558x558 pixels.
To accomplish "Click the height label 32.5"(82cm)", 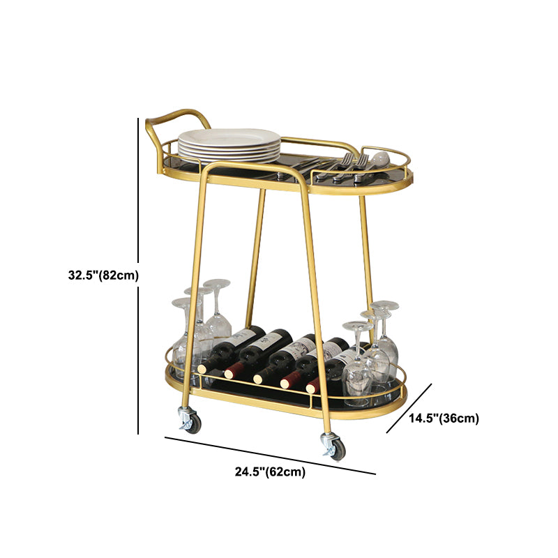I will click(103, 275).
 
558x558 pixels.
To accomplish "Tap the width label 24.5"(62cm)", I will click(269, 472).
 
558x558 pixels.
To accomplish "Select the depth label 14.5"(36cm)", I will click(444, 418).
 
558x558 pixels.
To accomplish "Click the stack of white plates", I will click(228, 144).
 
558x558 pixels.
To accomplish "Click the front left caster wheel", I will click(189, 421).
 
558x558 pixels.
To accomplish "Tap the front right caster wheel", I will click(334, 447).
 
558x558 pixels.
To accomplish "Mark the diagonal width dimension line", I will click(269, 455).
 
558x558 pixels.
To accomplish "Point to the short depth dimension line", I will click(409, 407).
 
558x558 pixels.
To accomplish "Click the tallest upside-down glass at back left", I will click(217, 307).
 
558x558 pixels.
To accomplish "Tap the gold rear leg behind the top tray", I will click(257, 251).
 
